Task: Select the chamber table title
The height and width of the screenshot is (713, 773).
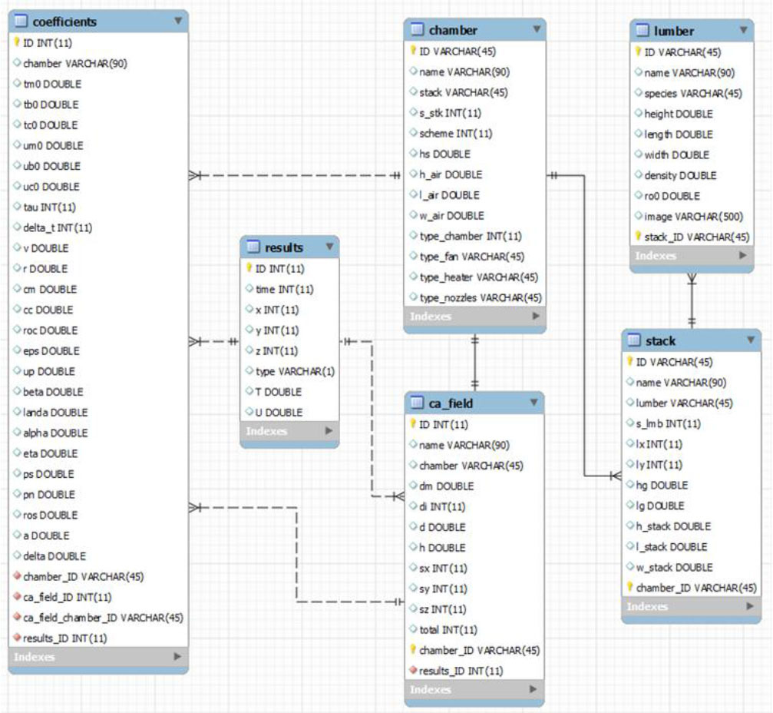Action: pyautogui.click(x=453, y=30)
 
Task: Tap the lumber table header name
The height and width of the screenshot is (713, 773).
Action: pyautogui.click(x=674, y=31)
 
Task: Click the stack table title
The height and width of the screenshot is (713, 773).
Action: pyautogui.click(x=660, y=340)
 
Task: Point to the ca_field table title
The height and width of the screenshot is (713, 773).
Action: pyautogui.click(x=451, y=403)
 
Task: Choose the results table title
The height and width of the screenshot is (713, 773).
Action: pyautogui.click(x=284, y=247)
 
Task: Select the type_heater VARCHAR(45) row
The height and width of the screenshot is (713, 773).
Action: pyautogui.click(x=478, y=277)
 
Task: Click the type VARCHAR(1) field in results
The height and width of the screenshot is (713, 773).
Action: pyautogui.click(x=295, y=371)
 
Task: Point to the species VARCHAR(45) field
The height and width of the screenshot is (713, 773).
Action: pyautogui.click(x=692, y=93)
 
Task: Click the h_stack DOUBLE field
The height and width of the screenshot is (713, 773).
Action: pyautogui.click(x=673, y=526)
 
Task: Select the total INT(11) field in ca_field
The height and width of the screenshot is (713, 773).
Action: pyautogui.click(x=448, y=629)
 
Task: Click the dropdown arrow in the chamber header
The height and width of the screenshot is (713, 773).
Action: pyautogui.click(x=535, y=30)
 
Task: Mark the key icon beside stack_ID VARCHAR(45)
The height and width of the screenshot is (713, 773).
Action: pyautogui.click(x=637, y=236)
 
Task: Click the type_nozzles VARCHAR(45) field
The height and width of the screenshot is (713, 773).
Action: pyautogui.click(x=480, y=297)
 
